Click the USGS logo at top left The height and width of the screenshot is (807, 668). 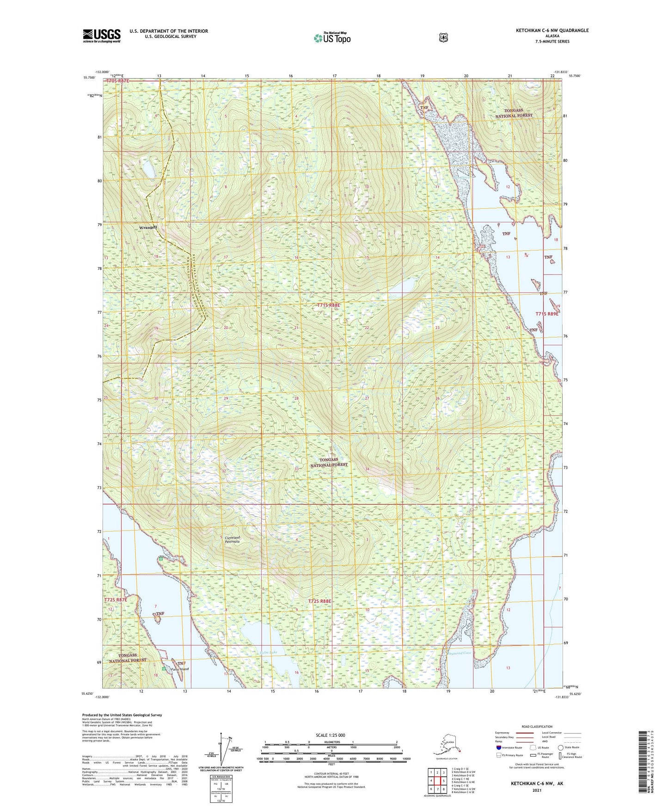102,36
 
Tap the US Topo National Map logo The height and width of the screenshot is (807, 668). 331,37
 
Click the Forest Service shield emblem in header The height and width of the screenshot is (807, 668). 443,37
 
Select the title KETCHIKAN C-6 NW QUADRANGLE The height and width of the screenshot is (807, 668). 552,31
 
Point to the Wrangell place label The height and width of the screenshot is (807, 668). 148,227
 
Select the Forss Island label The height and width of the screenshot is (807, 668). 179,669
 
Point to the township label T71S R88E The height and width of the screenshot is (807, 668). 328,305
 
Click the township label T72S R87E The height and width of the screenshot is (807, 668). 116,599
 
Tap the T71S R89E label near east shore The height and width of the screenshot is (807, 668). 547,314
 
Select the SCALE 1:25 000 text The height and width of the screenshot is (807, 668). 330,735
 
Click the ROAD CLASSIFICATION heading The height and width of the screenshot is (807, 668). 537,727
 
